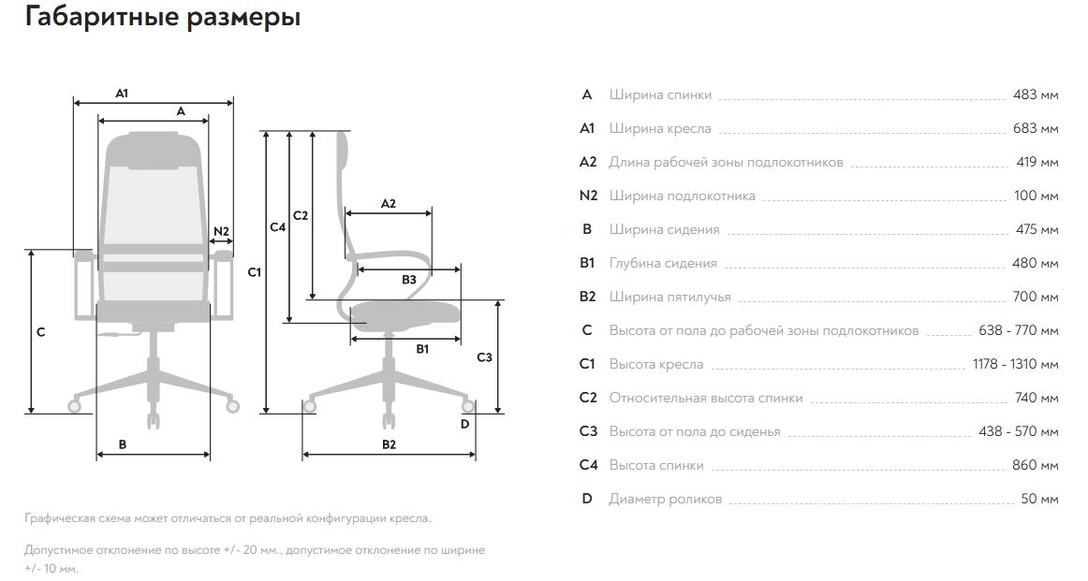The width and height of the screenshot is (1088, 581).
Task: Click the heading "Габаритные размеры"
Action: [x=163, y=18]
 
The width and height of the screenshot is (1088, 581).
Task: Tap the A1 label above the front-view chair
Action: [x=122, y=94]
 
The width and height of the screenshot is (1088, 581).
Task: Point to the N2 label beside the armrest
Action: [x=222, y=231]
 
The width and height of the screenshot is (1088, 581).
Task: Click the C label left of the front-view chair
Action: [x=40, y=332]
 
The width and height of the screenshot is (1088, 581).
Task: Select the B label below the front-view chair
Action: [x=123, y=444]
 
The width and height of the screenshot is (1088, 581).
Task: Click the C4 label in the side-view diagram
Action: [x=278, y=227]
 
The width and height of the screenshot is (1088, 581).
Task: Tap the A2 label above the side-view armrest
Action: [x=389, y=203]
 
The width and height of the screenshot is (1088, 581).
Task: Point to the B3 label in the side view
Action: [x=409, y=280]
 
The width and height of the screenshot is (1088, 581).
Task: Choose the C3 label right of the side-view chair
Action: [x=484, y=357]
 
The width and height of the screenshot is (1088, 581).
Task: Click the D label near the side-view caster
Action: [x=465, y=424]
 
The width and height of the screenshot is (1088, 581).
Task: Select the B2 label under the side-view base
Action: [x=389, y=444]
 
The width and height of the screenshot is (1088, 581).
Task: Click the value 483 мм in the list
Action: [x=1036, y=94]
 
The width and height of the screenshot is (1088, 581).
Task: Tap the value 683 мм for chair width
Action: [x=1036, y=128]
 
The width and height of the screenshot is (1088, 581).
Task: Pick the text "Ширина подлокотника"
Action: [x=682, y=196]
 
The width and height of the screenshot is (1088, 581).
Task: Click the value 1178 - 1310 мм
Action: [x=1016, y=364]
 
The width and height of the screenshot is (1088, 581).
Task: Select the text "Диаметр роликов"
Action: [x=665, y=499]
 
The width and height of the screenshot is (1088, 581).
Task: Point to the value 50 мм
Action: [x=1039, y=499]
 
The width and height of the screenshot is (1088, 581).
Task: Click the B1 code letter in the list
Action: [x=587, y=263]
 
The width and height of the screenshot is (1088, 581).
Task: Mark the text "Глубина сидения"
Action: [x=663, y=263]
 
